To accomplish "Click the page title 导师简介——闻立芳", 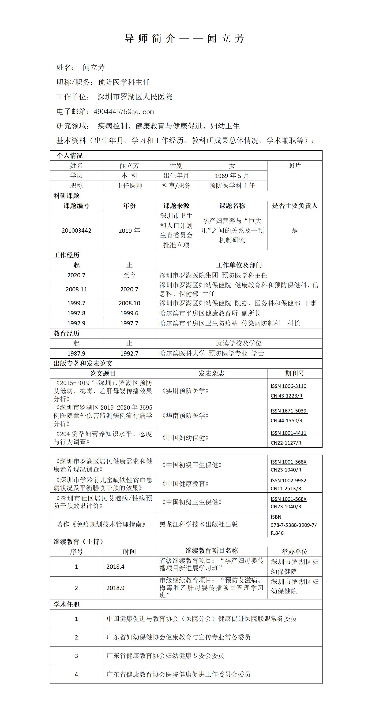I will pyautogui.click(x=184, y=38).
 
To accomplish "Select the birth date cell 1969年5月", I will pyautogui.click(x=232, y=176).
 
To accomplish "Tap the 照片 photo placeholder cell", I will pyautogui.click(x=294, y=166).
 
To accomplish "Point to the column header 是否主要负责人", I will pyautogui.click(x=295, y=206).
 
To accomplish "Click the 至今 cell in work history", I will pyautogui.click(x=129, y=275).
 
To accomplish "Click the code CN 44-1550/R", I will pyautogui.click(x=286, y=420).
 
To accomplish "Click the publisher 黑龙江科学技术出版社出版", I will pyautogui.click(x=199, y=524).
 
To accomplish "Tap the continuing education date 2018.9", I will pyautogui.click(x=115, y=588).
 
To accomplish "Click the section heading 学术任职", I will pyautogui.click(x=66, y=605).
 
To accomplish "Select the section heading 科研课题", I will pyautogui.click(x=66, y=196).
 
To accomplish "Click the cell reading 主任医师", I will pyautogui.click(x=129, y=186).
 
